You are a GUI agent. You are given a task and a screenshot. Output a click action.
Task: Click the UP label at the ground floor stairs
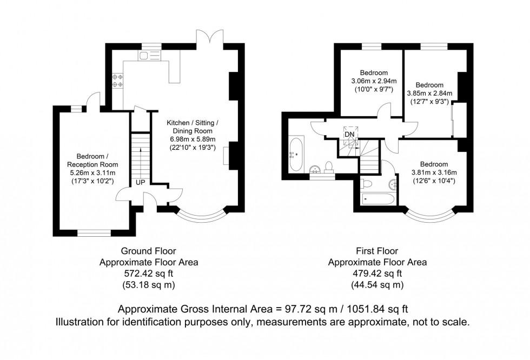140,182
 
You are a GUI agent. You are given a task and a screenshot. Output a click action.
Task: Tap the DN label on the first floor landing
350,134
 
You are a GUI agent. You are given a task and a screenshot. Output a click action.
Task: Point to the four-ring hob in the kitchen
117,81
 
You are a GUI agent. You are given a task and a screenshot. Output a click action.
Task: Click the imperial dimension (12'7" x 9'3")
429,101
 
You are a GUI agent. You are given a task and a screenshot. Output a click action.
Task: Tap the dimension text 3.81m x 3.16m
434,172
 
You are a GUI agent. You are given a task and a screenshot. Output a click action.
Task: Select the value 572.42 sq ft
148,274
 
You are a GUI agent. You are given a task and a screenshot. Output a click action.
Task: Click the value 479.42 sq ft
377,274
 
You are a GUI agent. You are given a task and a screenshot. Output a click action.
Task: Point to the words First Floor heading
377,251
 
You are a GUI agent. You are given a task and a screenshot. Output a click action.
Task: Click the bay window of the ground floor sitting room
201,216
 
